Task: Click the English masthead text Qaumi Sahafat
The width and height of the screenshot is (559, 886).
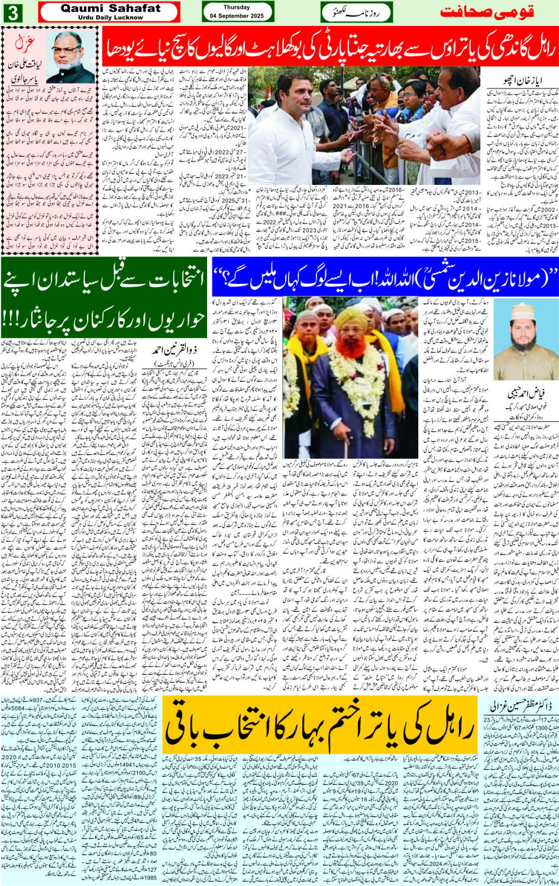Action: [x=110, y=8]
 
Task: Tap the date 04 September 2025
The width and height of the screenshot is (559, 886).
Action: [x=237, y=16]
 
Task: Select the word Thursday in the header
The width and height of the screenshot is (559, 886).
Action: [x=237, y=7]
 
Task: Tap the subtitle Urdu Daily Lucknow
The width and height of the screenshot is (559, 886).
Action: [x=110, y=18]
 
